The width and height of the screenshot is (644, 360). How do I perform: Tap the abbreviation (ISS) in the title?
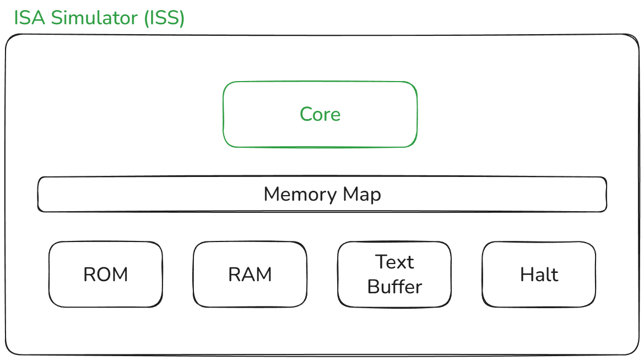pyautogui.click(x=164, y=18)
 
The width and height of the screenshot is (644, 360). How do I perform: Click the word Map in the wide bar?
pyautogui.click(x=361, y=195)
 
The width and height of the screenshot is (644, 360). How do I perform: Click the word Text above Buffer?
pyautogui.click(x=394, y=262)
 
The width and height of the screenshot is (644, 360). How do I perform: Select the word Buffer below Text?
pyautogui.click(x=394, y=287)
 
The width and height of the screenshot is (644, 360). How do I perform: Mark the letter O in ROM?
pyautogui.click(x=105, y=275)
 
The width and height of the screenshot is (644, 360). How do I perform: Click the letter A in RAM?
pyautogui.click(x=250, y=275)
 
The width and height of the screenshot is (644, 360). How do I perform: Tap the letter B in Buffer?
pyautogui.click(x=373, y=287)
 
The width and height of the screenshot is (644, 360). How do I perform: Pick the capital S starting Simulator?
pyautogui.click(x=58, y=18)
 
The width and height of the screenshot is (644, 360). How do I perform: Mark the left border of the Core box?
pyautogui.click(x=223, y=115)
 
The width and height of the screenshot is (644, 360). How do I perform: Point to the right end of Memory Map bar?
pyautogui.click(x=606, y=194)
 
